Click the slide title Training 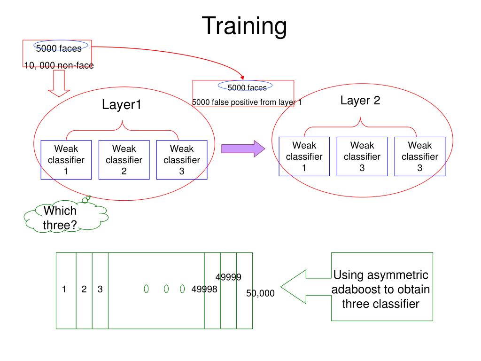[244, 26]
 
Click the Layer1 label [122, 105]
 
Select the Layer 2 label [360, 101]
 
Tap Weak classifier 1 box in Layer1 [66, 160]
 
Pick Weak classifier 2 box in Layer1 [124, 160]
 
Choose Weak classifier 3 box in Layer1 [182, 160]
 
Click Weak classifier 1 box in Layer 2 [304, 157]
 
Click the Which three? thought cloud [63, 218]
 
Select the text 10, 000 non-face [59, 66]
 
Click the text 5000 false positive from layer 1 [247, 102]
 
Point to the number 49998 [204, 290]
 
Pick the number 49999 [229, 277]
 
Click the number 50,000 [260, 293]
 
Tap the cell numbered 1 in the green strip [64, 290]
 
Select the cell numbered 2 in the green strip [84, 290]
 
